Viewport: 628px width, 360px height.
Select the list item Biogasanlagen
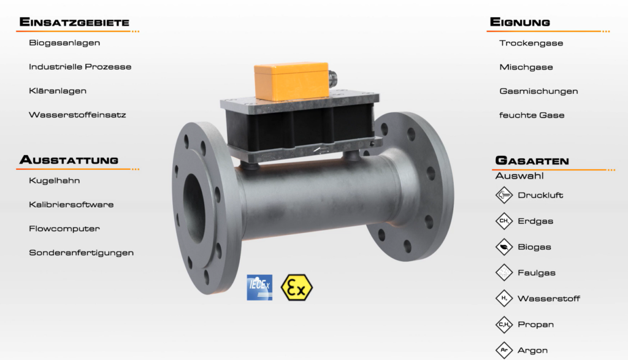coord(64,43)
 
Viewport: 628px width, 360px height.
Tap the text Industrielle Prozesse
coord(80,67)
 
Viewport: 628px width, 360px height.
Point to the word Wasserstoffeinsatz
coord(77,115)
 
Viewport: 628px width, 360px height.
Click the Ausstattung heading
coord(69,160)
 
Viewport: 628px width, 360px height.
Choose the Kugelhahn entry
coord(55,180)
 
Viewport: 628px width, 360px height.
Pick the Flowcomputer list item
coord(64,229)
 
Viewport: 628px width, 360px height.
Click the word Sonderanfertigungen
coord(82,253)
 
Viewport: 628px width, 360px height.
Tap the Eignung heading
coord(520,22)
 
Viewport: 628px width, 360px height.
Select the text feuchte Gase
coord(532,115)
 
